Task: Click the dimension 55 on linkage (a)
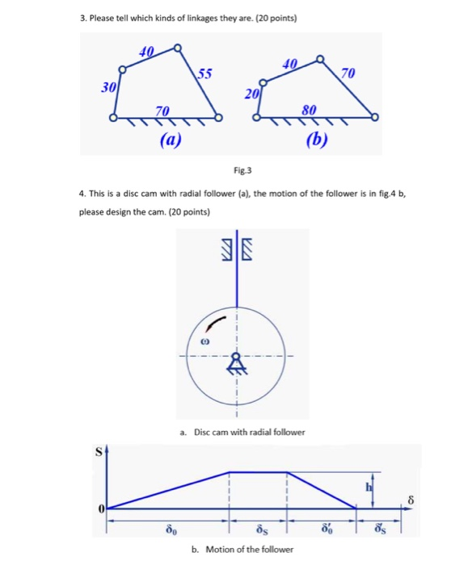[205, 75]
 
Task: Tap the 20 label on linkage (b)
[251, 94]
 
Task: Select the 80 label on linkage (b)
[310, 107]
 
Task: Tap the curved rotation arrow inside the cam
[213, 322]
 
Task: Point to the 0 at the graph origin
[102, 508]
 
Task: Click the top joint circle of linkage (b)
[320, 59]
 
